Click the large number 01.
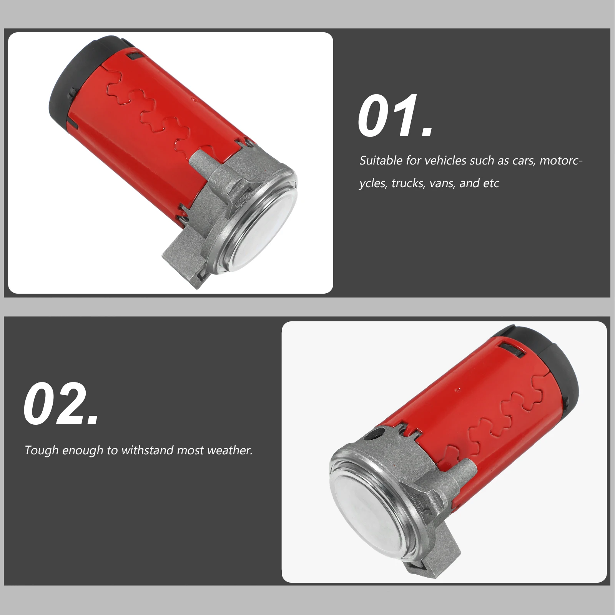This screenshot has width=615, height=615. coord(395,116)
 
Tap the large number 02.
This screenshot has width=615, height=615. coord(61,404)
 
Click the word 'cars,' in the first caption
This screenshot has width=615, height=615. coord(524,160)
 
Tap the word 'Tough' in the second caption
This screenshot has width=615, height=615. coord(41,450)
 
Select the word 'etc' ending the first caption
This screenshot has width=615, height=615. coord(491,183)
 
